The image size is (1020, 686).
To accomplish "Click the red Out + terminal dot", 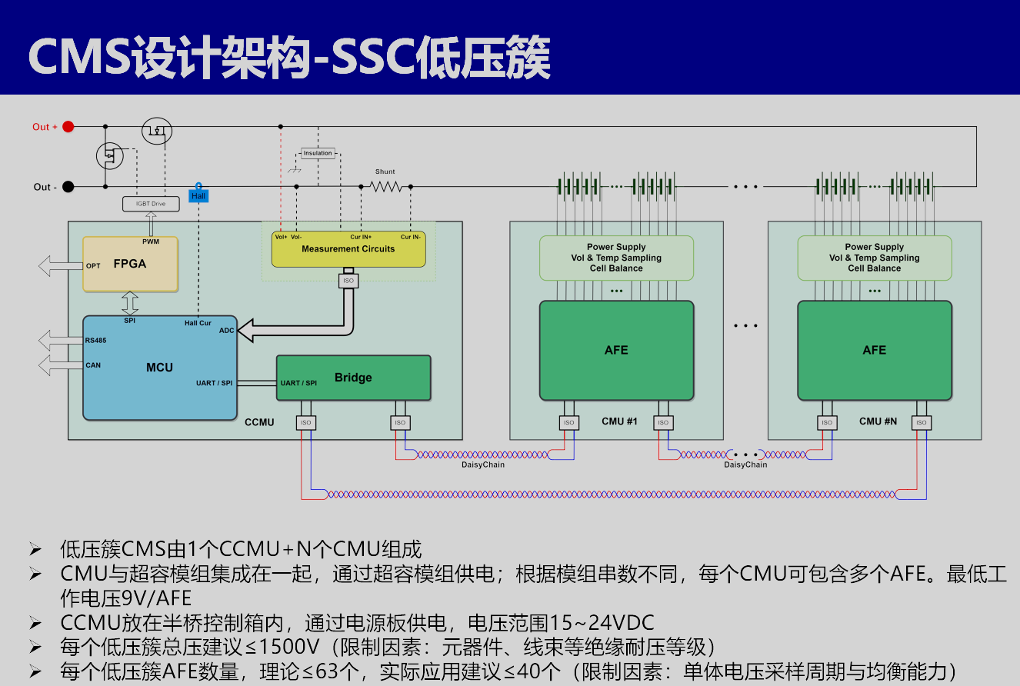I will (68, 127).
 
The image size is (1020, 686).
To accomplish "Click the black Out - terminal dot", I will (68, 187).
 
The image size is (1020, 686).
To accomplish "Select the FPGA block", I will (130, 264).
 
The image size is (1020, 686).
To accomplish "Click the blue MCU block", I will (159, 368).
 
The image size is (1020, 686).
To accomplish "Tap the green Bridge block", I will (353, 378).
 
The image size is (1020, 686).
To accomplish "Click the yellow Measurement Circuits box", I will (348, 248).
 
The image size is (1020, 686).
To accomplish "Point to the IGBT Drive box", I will (151, 204).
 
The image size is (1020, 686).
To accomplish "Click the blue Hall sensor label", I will (198, 196).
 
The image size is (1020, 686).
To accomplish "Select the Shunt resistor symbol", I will (385, 186).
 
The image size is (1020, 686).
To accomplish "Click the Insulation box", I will (318, 153).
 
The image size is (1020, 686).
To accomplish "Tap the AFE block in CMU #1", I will (616, 350).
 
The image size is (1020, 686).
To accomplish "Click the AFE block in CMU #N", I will (875, 350).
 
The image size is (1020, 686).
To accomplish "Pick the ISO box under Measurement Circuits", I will (348, 281).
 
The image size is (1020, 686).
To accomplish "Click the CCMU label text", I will (259, 422).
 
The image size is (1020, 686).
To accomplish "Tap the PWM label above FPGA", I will (151, 241).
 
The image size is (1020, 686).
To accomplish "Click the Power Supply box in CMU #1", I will (616, 258).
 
